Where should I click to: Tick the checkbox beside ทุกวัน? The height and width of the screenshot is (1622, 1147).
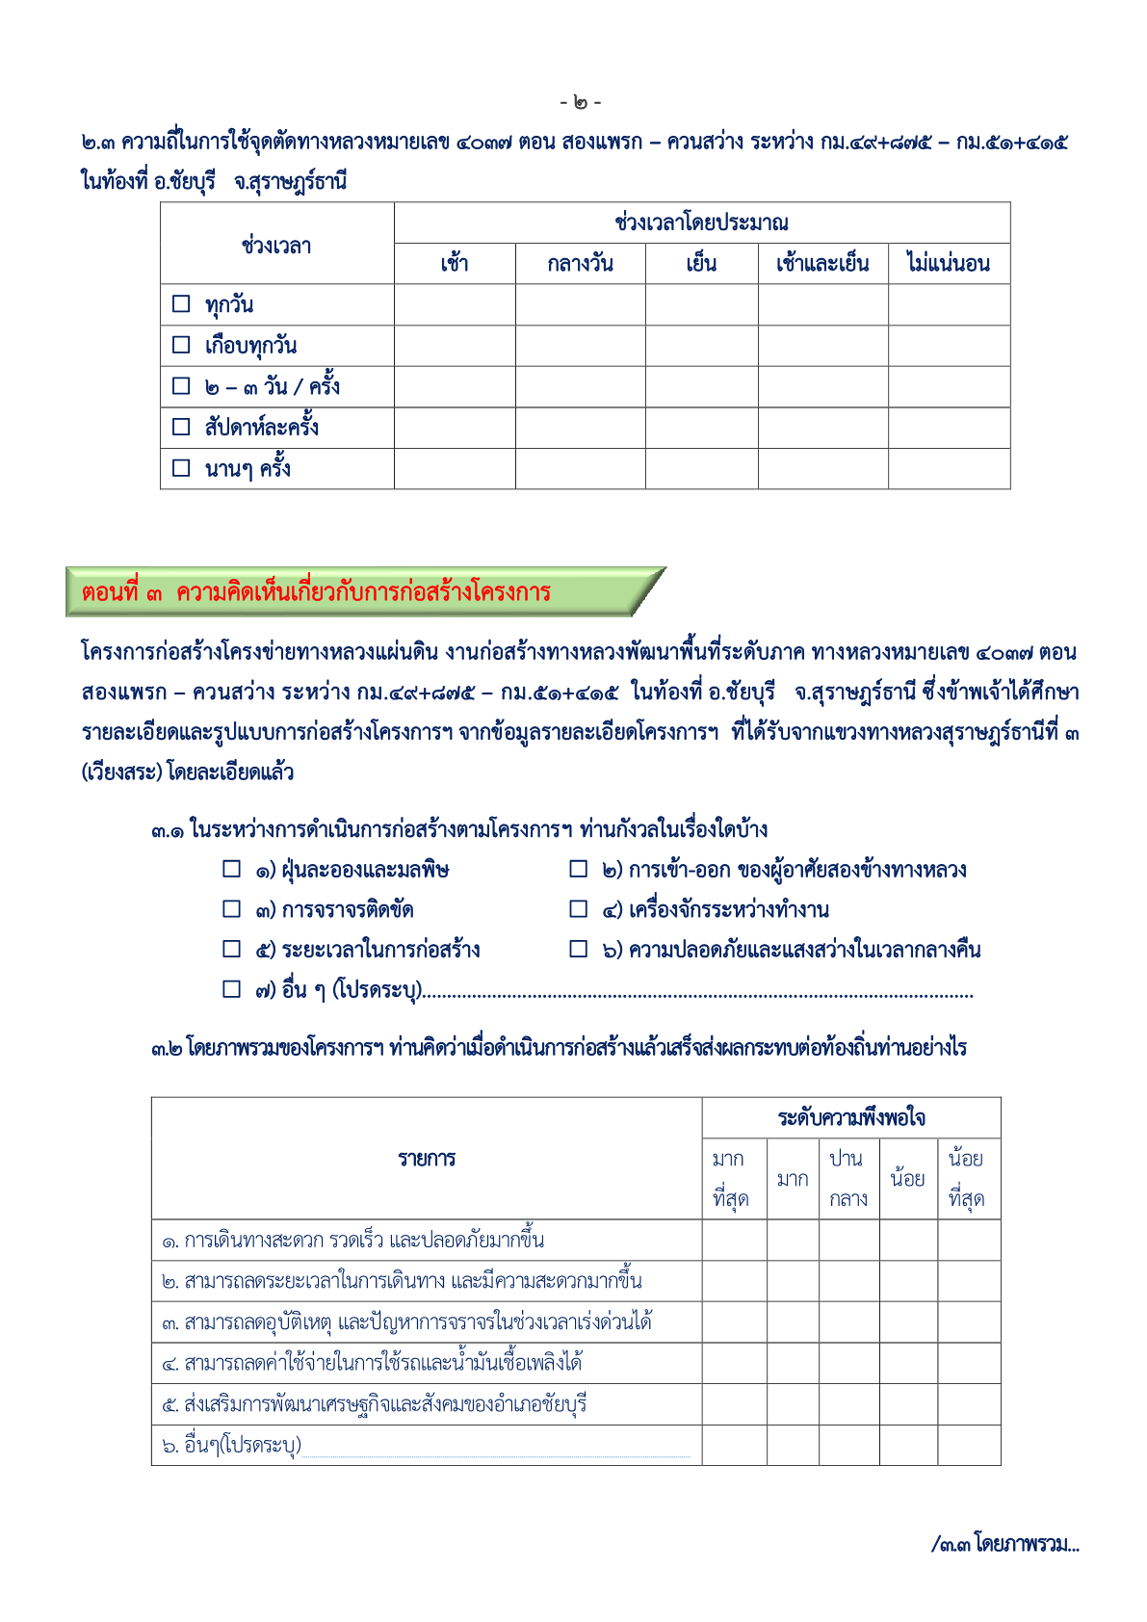pos(181,304)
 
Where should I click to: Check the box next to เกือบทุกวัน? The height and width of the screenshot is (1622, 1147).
pos(181,345)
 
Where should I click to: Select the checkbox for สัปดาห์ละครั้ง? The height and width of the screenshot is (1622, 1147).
pos(181,427)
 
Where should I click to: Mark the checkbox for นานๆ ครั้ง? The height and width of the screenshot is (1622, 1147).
pos(181,468)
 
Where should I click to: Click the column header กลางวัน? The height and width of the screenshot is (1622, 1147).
pos(580,264)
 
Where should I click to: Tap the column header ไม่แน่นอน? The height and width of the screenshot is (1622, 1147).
pos(949,264)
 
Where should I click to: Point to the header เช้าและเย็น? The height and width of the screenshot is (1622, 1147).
pos(822,264)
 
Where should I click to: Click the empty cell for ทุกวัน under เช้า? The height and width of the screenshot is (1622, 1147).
pos(455,304)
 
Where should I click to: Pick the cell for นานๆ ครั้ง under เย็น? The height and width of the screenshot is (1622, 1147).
pos(701,468)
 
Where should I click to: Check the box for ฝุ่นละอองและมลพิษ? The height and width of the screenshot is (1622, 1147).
pos(232,870)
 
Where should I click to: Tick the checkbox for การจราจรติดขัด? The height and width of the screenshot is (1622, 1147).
pos(232,909)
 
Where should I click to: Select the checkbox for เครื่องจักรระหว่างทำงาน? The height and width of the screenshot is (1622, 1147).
pos(579,909)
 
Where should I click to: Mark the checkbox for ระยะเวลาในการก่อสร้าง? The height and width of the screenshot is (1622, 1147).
pos(232,950)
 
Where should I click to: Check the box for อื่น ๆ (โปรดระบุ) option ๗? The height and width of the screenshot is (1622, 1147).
pos(232,989)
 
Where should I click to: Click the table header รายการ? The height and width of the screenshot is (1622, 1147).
pos(427,1159)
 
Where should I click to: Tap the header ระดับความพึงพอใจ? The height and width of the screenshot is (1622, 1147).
pos(851,1118)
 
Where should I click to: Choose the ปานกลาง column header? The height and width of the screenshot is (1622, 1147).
pos(848,1179)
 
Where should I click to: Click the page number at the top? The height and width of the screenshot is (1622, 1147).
pos(580,102)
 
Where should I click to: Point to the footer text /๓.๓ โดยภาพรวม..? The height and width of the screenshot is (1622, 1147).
pos(1005,1544)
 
